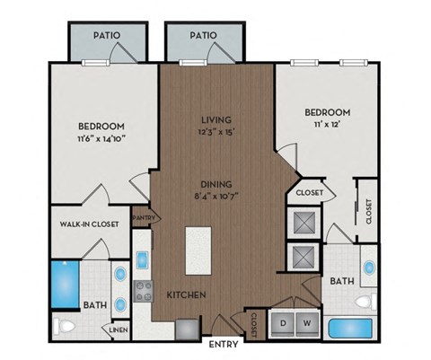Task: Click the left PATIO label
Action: tap(109, 36)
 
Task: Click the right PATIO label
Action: tap(204, 36)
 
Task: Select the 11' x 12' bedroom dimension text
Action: tap(326, 127)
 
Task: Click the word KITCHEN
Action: tap(187, 294)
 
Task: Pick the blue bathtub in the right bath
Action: tap(351, 327)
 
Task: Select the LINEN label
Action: tap(119, 329)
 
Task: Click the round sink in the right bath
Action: tap(369, 268)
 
